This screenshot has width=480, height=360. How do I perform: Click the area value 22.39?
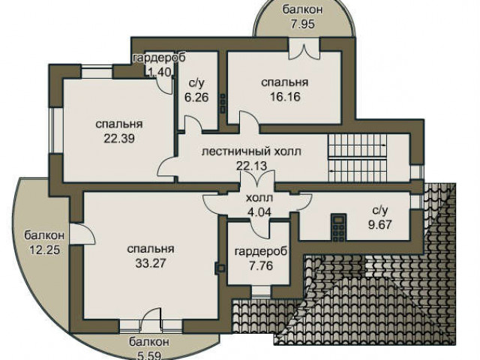point(119,139)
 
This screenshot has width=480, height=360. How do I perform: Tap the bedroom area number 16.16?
point(285,97)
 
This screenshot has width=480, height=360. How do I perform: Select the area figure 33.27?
point(151,263)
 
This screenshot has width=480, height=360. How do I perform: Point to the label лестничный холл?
point(251,151)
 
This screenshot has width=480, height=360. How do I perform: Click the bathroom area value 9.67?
point(380,225)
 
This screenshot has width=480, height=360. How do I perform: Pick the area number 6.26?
point(196,97)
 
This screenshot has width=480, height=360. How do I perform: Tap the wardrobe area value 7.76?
point(261,265)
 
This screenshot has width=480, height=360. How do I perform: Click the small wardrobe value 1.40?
point(159,72)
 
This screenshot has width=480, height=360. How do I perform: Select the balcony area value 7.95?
point(302,24)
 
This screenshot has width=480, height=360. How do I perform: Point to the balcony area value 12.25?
point(45,250)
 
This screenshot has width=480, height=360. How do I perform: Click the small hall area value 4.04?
point(259,211)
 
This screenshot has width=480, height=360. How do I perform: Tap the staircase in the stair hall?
point(357,158)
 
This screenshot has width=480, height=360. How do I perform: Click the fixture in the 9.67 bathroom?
point(339,227)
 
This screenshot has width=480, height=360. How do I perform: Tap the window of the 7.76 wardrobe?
point(261,291)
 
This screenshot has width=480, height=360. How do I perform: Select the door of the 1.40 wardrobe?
point(165,85)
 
